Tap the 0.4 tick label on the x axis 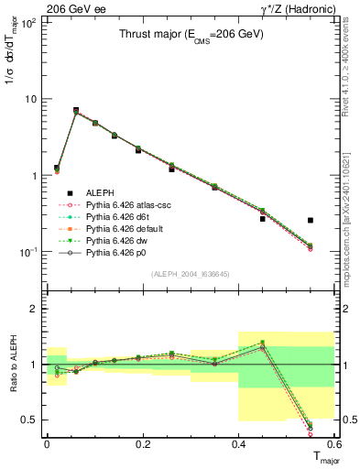point(239,443)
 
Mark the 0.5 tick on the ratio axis point(34,420)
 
